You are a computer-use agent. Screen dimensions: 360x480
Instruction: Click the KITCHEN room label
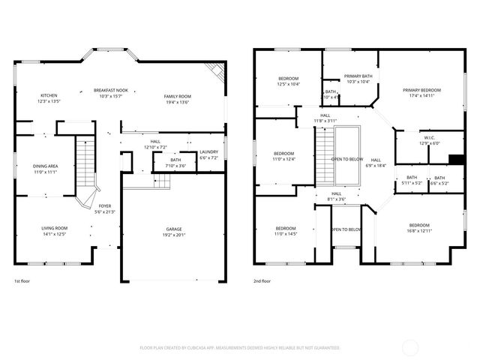pyautogui.click(x=49, y=95)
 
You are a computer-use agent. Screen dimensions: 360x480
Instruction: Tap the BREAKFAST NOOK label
pyautogui.click(x=111, y=90)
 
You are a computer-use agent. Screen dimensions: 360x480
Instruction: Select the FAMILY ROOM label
pyautogui.click(x=178, y=96)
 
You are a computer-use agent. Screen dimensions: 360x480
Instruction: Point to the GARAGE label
pyautogui.click(x=174, y=229)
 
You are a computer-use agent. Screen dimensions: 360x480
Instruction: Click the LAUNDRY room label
pyautogui.click(x=208, y=152)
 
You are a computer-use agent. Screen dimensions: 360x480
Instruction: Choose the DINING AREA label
pyautogui.click(x=45, y=166)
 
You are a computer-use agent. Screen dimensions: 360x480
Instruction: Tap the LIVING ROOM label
pyautogui.click(x=55, y=228)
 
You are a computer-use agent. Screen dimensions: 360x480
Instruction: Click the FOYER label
pyautogui.click(x=105, y=206)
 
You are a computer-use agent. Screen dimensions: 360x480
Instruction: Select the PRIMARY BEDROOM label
pyautogui.click(x=425, y=90)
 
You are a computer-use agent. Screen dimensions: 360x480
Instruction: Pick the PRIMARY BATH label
pyautogui.click(x=358, y=76)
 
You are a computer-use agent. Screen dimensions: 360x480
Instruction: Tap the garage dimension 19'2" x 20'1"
pyautogui.click(x=174, y=235)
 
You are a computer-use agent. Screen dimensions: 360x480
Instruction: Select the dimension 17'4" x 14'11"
pyautogui.click(x=425, y=96)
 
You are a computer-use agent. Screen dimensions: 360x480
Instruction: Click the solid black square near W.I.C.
pyautogui.click(x=454, y=158)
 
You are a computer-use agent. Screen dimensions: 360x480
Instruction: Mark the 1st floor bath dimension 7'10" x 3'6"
pyautogui.click(x=175, y=165)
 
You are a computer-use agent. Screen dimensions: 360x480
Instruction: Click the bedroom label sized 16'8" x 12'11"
pyautogui.click(x=419, y=225)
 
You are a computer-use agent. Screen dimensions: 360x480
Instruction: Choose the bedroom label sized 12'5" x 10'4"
pyautogui.click(x=289, y=79)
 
